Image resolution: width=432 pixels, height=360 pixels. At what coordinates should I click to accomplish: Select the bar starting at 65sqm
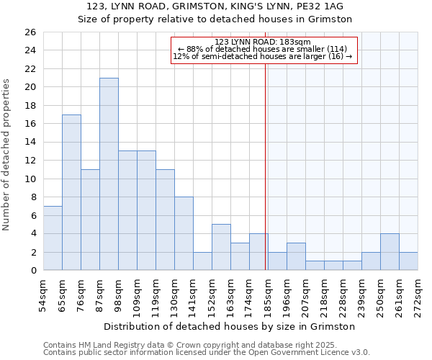coord(71,192)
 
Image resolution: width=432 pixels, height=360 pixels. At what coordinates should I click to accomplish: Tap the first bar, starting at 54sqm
coord(53,238)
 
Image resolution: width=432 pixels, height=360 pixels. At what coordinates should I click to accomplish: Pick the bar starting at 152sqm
coord(221,247)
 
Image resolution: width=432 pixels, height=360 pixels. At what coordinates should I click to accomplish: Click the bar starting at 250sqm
coord(390,252)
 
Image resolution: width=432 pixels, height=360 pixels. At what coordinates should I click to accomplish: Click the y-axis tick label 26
coord(30,32)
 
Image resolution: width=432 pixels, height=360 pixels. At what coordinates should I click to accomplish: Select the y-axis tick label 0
coord(32,271)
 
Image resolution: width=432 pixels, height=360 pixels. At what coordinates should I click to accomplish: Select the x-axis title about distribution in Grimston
coord(230,326)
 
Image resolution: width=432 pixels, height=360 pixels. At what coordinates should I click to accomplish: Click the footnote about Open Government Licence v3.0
coord(207,352)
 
